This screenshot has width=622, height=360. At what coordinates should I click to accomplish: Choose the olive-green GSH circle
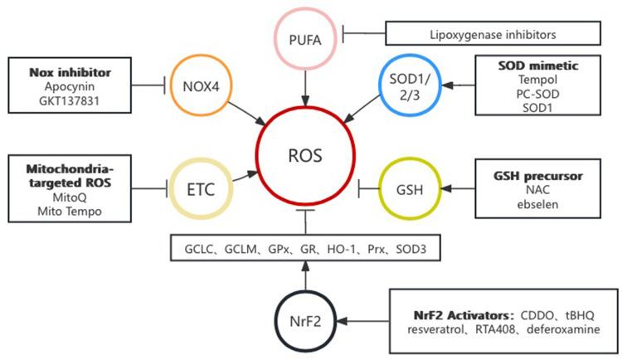[407, 190]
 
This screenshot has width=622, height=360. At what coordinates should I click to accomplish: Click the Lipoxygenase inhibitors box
[493, 34]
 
